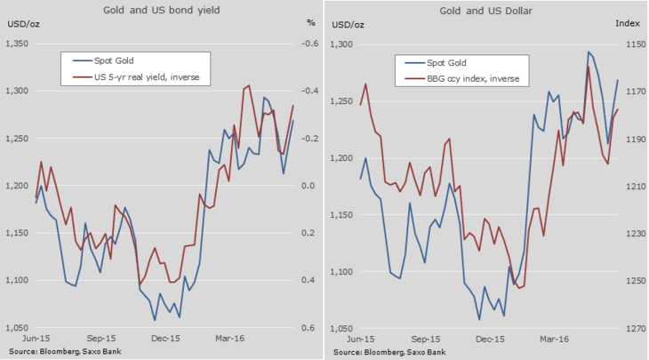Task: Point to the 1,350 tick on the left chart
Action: (18, 44)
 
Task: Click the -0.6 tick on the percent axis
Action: (309, 44)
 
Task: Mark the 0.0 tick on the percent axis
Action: (310, 186)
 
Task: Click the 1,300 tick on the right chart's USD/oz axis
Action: (342, 44)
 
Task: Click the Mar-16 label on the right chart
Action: (555, 339)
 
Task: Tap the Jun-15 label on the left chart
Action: (36, 339)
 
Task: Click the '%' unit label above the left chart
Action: (310, 21)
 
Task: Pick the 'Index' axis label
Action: (628, 21)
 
